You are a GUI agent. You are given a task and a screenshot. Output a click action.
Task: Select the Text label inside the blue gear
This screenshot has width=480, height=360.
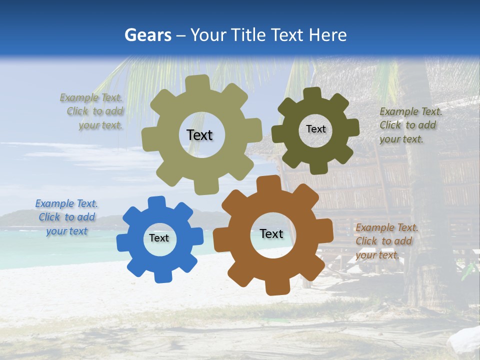point(159,238)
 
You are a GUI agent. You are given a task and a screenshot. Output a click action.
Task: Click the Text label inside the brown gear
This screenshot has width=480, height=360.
point(271,233)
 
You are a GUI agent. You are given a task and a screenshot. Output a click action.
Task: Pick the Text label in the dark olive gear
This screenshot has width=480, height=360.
point(315,129)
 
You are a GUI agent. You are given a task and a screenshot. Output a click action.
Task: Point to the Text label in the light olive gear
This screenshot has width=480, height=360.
point(199,135)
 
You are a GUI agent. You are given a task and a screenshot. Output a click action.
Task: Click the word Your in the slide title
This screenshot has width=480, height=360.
point(209,35)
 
